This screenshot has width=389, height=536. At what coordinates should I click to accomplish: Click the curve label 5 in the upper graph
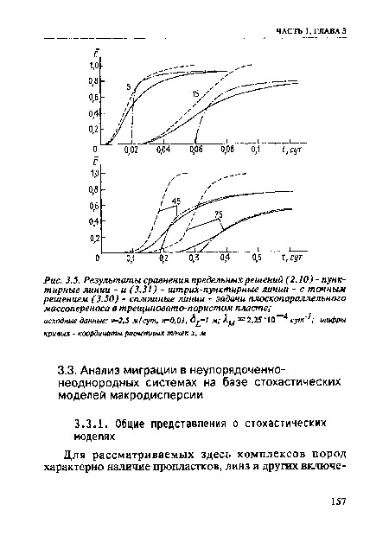coord(129,87)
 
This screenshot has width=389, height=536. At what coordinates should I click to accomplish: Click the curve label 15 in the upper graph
coord(196,93)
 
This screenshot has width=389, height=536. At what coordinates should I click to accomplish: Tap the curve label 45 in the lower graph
coord(175,201)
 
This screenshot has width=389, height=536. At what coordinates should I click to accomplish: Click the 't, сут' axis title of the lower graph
coord(291,258)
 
